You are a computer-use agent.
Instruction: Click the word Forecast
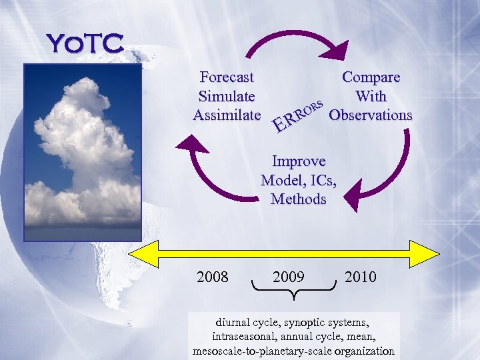pyautogui.click(x=227, y=77)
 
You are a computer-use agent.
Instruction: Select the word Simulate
pyautogui.click(x=227, y=96)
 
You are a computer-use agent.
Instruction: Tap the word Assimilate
pyautogui.click(x=227, y=115)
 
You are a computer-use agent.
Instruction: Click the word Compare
pyautogui.click(x=371, y=77)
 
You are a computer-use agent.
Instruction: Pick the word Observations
pyautogui.click(x=371, y=115)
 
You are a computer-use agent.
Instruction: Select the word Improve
pyautogui.click(x=299, y=161)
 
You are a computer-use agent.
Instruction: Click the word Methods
pyautogui.click(x=299, y=199)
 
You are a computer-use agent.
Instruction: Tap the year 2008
pyautogui.click(x=213, y=275)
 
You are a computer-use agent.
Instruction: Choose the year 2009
pyautogui.click(x=289, y=275)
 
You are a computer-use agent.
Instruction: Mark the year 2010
pyautogui.click(x=360, y=275)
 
